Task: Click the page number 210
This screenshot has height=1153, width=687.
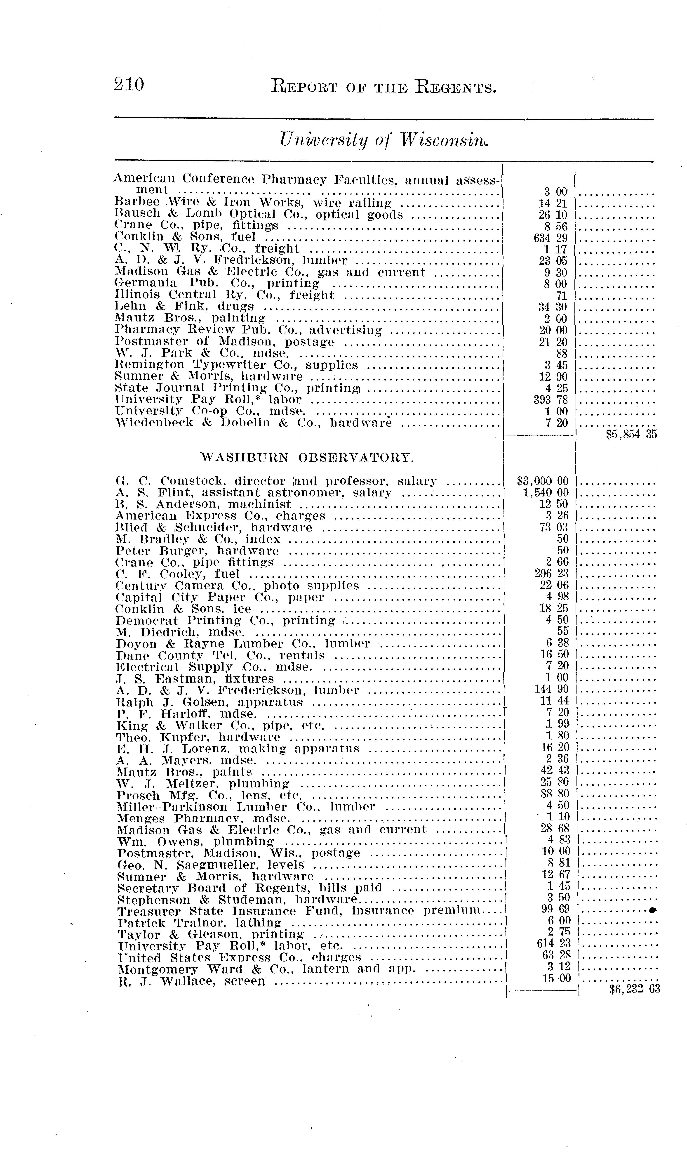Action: pyautogui.click(x=129, y=85)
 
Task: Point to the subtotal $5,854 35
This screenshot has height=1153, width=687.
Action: pyautogui.click(x=631, y=434)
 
